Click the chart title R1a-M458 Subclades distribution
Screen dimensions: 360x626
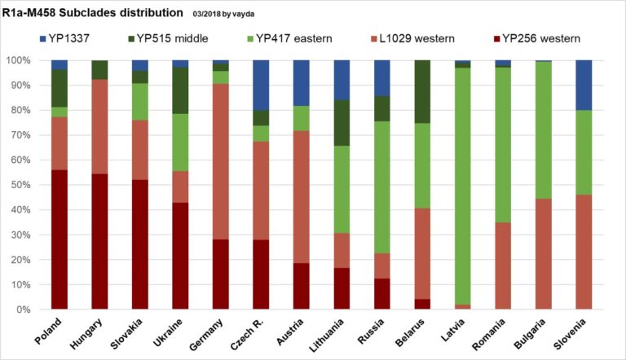point(91,13)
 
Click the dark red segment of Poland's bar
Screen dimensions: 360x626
point(60,240)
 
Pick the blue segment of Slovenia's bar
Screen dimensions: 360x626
point(583,85)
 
